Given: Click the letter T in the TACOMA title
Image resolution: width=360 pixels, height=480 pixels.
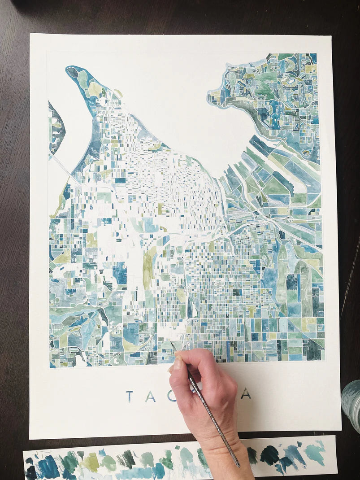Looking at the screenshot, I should [x=130, y=396].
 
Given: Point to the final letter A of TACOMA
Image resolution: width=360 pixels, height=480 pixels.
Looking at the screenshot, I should [x=245, y=393].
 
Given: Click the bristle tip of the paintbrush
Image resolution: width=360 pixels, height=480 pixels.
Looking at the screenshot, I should [x=171, y=344].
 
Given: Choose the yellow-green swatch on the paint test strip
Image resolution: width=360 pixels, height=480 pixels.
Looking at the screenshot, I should [x=92, y=462].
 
